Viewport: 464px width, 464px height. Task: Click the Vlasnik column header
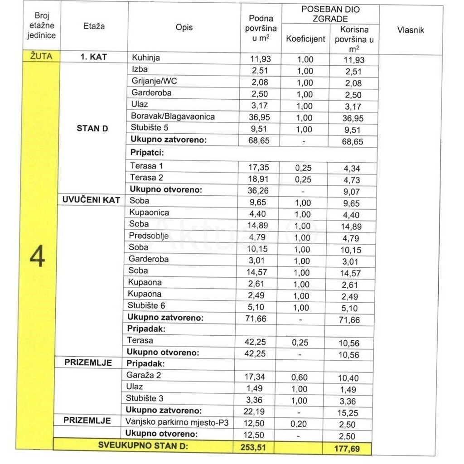pyautogui.click(x=411, y=30)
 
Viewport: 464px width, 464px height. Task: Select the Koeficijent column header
pyautogui.click(x=305, y=39)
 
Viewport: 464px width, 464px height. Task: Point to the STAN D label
pyautogui.click(x=92, y=128)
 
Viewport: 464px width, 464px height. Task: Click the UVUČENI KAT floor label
pyautogui.click(x=91, y=200)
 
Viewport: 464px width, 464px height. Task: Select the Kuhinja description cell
pyautogui.click(x=145, y=58)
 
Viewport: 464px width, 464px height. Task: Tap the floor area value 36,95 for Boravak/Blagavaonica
pyautogui.click(x=260, y=117)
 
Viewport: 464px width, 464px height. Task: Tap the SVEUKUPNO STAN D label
pyautogui.click(x=142, y=445)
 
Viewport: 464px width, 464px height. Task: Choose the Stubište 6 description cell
pyautogui.click(x=146, y=306)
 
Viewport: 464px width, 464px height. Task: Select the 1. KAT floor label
pyautogui.click(x=93, y=58)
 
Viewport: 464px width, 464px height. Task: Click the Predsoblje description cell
pyautogui.click(x=149, y=236)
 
